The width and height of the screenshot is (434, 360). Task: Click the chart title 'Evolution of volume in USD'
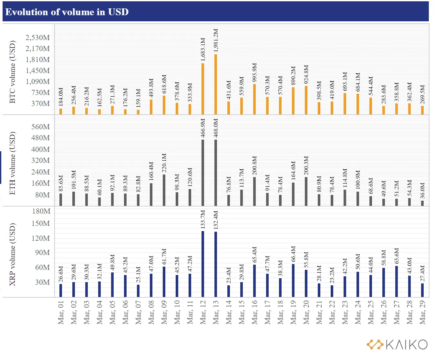[x=67, y=12]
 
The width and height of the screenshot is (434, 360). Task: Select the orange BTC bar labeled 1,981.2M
[x=216, y=84]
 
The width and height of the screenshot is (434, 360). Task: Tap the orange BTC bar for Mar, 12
[x=203, y=89]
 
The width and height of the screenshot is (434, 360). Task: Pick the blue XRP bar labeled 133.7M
[x=203, y=264]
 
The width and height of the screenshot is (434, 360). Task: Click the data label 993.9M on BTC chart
[x=254, y=73]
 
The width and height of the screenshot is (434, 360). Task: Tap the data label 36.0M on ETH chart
[x=422, y=191]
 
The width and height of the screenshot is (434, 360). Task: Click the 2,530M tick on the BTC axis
[x=38, y=37]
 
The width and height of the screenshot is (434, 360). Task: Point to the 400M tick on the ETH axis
[x=40, y=149]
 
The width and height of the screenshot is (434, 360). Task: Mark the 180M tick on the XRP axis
[x=41, y=211]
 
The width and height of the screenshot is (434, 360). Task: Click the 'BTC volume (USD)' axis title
[x=13, y=72]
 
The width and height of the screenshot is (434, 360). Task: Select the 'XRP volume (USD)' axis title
[x=13, y=254]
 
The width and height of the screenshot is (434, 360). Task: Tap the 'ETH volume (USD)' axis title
[x=13, y=163]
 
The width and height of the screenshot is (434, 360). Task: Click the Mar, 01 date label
[x=61, y=312]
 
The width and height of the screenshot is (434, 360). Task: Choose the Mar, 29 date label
[x=422, y=312]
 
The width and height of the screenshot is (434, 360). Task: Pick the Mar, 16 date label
[x=254, y=312]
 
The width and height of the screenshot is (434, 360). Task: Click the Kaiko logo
[x=397, y=344]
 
